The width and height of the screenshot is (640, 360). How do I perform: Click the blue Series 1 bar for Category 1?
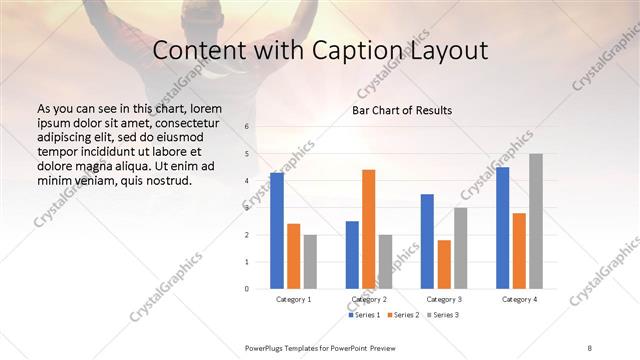[277, 231]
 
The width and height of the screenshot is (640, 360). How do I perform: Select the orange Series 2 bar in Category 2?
[368, 229]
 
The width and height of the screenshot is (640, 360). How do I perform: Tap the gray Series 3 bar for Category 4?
[535, 221]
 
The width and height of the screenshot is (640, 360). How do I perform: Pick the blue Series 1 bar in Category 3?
[427, 241]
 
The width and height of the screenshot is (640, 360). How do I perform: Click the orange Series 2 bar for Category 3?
[444, 264]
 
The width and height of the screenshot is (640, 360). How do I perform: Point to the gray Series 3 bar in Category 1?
[310, 261]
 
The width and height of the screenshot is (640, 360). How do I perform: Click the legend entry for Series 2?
[403, 316]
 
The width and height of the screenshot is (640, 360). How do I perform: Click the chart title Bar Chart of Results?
[402, 110]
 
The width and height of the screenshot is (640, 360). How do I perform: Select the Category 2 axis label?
[368, 299]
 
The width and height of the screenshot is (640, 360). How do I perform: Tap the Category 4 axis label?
[519, 299]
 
